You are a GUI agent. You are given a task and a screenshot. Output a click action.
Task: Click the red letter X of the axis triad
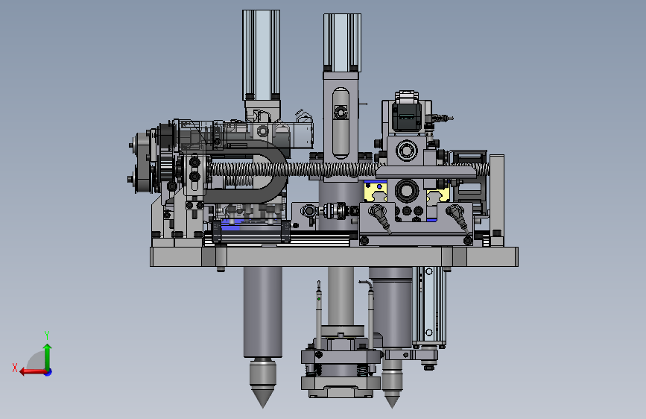tap(15, 368)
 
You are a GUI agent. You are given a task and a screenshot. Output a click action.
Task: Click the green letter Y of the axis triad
tap(47, 335)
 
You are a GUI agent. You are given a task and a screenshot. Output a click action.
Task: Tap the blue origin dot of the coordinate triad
tap(48, 372)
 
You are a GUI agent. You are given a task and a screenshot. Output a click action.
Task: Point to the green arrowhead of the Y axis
tap(48, 347)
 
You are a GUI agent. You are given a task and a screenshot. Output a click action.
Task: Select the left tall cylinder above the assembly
tap(262, 55)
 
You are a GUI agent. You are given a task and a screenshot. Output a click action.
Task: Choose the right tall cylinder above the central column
tap(342, 42)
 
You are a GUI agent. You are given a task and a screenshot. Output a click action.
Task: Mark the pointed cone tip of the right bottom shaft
tap(392, 404)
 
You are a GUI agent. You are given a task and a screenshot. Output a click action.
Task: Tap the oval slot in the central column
tap(341, 123)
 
